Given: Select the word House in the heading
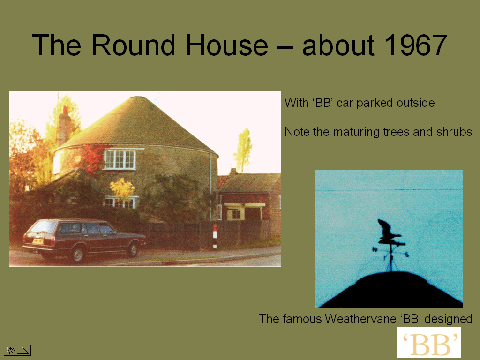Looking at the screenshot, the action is pyautogui.click(x=227, y=45).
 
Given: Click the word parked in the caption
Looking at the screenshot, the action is pyautogui.click(x=375, y=103).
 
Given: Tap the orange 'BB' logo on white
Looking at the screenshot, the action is pyautogui.click(x=429, y=343).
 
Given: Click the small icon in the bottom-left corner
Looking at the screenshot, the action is pyautogui.click(x=17, y=351).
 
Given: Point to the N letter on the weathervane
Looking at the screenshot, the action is pyautogui.click(x=375, y=249).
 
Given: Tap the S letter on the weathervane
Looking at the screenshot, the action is pyautogui.click(x=406, y=254).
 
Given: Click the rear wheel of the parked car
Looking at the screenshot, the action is pyautogui.click(x=77, y=254).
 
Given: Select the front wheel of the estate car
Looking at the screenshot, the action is pyautogui.click(x=133, y=249).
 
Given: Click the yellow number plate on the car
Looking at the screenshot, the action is pyautogui.click(x=37, y=241).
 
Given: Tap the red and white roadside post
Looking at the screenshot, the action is pyautogui.click(x=215, y=236).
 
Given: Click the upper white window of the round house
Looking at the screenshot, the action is pyautogui.click(x=120, y=159).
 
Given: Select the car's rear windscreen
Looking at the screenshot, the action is pyautogui.click(x=44, y=227).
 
